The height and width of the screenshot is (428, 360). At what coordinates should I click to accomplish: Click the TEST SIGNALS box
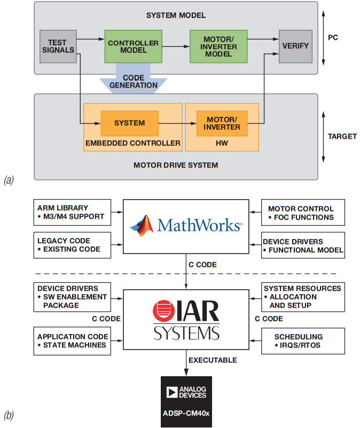click(x=57, y=46)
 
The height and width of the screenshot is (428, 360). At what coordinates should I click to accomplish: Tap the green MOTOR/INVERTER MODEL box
click(x=218, y=46)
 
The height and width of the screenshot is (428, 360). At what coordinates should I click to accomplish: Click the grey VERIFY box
click(x=295, y=46)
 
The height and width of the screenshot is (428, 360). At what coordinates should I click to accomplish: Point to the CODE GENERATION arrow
click(x=133, y=80)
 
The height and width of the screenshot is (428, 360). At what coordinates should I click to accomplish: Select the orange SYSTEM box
click(x=129, y=123)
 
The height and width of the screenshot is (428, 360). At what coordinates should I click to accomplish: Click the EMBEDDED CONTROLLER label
click(x=132, y=143)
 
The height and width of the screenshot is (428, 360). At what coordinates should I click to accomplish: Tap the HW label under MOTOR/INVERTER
click(x=222, y=143)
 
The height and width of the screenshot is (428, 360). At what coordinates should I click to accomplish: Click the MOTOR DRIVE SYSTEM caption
click(x=176, y=165)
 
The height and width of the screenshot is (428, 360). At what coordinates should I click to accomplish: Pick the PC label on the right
click(x=333, y=38)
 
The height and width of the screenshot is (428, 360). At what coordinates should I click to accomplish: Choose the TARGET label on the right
click(x=342, y=136)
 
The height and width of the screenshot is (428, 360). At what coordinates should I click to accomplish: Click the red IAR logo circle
click(x=162, y=313)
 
